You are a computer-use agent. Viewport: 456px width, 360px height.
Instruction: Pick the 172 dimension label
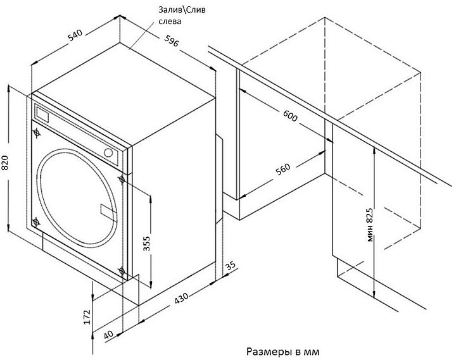pos(87,316)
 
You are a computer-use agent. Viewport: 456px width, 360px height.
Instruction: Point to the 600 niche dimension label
pos(289,117)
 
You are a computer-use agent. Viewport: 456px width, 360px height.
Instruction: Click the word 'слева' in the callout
pos(170,22)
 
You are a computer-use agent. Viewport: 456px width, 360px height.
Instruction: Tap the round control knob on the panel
pos(109,152)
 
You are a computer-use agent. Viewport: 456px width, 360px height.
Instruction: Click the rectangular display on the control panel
pos(43,115)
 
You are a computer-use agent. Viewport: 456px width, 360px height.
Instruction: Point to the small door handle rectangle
pos(105,209)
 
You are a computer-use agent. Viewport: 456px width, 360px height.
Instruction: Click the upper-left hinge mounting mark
pos(36,133)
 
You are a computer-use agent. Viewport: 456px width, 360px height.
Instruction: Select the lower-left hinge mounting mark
pos(35,221)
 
